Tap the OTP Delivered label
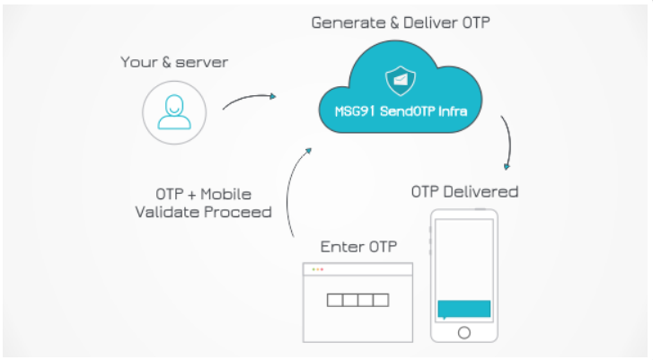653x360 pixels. pos(464,191)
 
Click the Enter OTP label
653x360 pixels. pos(357,246)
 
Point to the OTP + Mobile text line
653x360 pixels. pos(203,194)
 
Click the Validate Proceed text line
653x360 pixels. pos(203,213)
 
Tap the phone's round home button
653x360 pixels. pos(463,332)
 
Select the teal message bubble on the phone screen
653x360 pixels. pos(463,309)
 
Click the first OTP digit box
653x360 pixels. pos(334,300)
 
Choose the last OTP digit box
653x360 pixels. pos(381,300)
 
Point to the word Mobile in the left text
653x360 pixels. pos(225,194)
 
